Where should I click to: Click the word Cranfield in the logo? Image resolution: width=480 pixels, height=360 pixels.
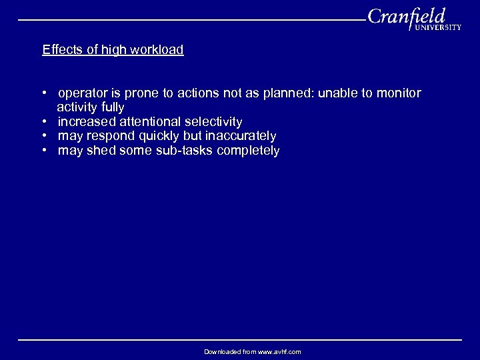point(406,17)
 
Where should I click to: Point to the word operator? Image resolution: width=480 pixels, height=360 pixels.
point(83,93)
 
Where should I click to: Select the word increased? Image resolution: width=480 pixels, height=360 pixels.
point(87,122)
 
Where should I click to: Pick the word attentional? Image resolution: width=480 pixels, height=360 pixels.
point(149,122)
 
